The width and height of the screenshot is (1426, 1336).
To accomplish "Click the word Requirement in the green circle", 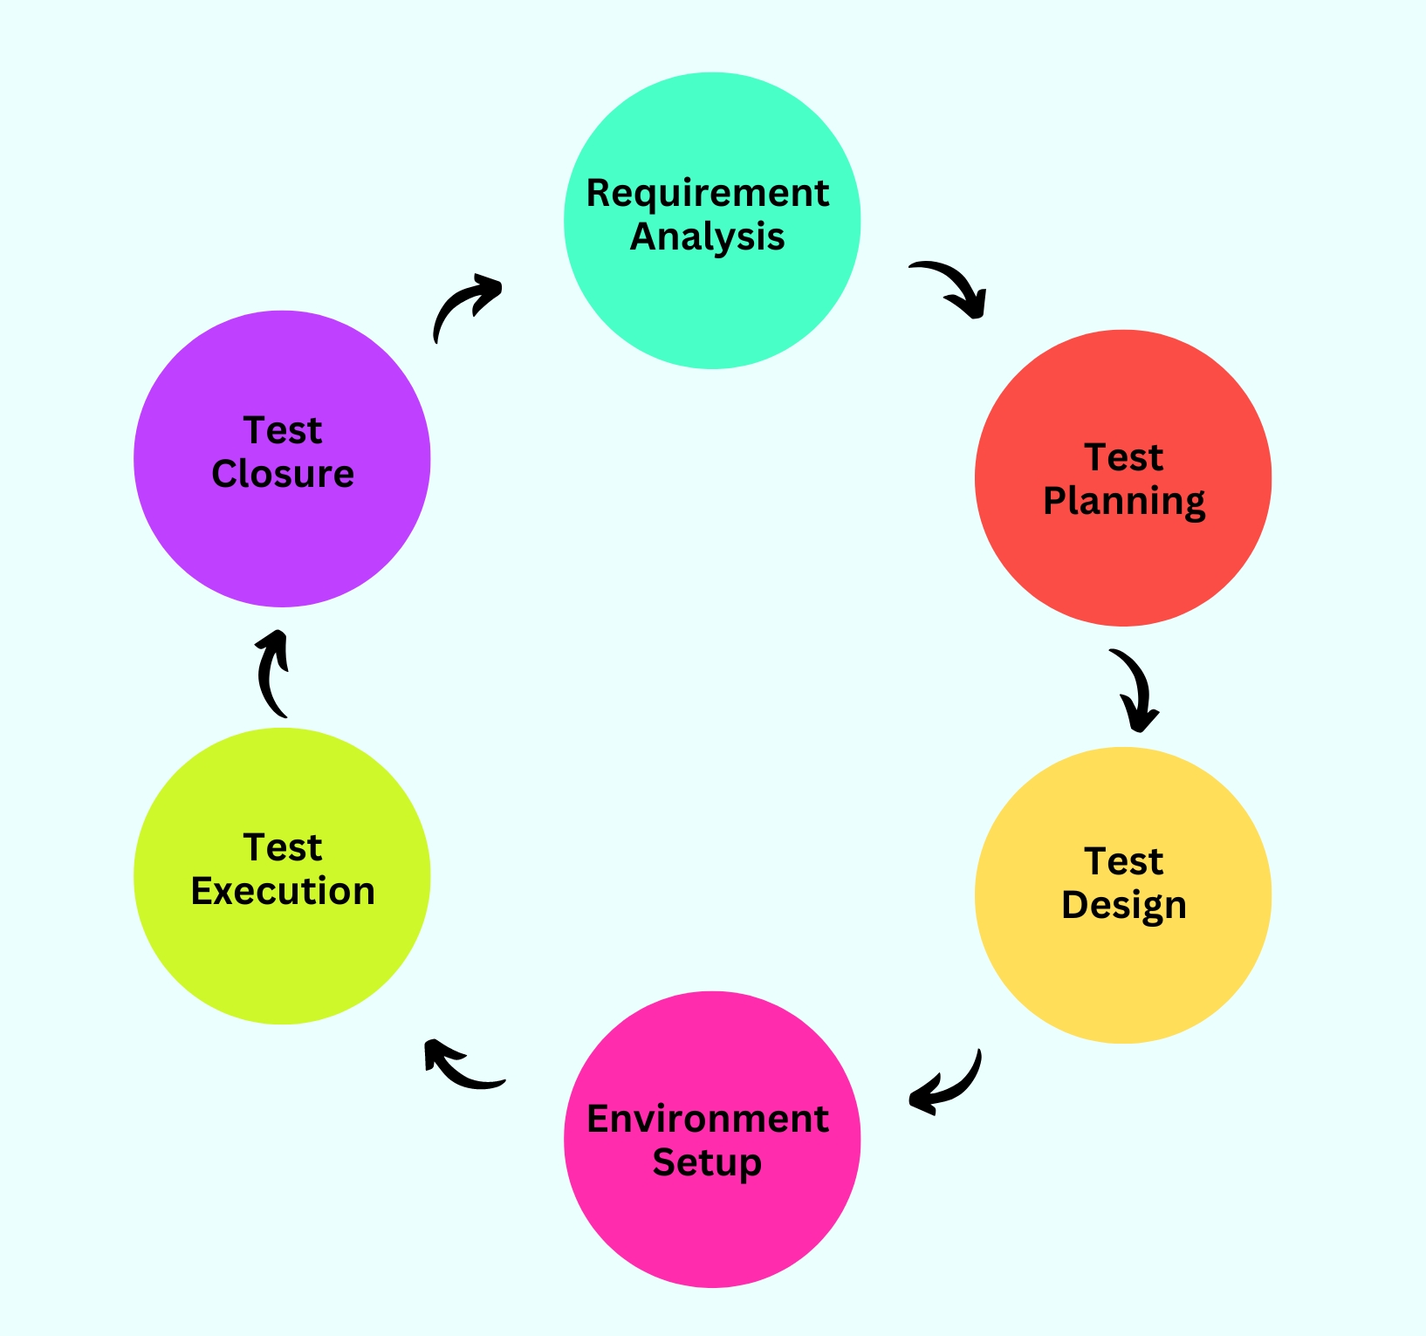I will click(x=707, y=194).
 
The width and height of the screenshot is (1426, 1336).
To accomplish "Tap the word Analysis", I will click(x=707, y=236).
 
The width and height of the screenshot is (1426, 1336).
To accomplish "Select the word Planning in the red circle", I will click(x=1124, y=502).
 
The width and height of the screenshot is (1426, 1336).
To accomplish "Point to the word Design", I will click(x=1124, y=905).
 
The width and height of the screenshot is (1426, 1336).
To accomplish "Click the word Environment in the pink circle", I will click(x=707, y=1119).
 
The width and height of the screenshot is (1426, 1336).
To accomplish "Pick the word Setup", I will click(x=707, y=1163).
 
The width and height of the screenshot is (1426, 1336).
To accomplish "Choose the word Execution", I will click(x=283, y=891).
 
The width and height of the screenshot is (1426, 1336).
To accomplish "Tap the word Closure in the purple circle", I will click(x=283, y=474).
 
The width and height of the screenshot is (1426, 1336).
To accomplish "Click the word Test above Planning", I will click(x=1124, y=457).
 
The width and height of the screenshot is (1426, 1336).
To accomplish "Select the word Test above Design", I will click(x=1124, y=861).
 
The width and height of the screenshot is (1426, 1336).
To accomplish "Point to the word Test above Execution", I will click(x=283, y=847).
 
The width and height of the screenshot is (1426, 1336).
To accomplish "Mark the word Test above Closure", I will click(x=283, y=430).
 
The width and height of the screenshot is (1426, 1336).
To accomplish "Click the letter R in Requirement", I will click(x=598, y=193).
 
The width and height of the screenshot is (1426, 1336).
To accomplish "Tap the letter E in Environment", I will click(x=599, y=1119).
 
